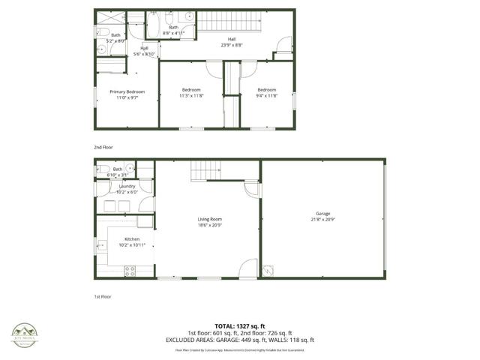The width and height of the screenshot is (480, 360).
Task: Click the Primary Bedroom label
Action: (127, 91)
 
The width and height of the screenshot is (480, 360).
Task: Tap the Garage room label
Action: (322, 213)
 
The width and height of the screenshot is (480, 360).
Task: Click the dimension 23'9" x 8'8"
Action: (232, 45)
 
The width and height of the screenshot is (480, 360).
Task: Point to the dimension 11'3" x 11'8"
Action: (191, 96)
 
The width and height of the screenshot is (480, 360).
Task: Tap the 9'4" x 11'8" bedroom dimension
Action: (267, 96)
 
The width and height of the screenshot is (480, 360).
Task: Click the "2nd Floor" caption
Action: (103, 147)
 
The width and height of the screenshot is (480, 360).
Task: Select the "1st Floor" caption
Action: (103, 298)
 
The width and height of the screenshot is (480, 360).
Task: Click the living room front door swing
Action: (248, 269)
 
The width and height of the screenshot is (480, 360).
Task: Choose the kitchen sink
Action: (100, 244)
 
